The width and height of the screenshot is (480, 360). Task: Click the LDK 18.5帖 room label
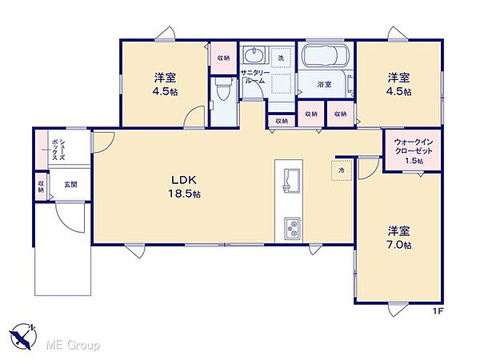click(184, 186)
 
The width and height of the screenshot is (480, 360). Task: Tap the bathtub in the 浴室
click(325, 56)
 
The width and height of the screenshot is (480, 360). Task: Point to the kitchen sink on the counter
click(289, 181)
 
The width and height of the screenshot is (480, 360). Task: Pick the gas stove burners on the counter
click(292, 229)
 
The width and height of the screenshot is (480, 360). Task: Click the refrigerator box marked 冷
click(342, 170)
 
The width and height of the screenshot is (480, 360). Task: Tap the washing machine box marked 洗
click(281, 58)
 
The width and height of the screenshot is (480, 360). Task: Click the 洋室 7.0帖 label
click(399, 238)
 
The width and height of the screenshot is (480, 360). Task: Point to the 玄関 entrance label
click(70, 185)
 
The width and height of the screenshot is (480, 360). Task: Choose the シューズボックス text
click(58, 150)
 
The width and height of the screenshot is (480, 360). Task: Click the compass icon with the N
click(23, 336)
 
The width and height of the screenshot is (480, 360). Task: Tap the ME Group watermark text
click(73, 346)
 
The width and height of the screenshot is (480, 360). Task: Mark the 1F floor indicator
click(438, 311)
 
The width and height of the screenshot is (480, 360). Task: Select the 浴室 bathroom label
click(324, 84)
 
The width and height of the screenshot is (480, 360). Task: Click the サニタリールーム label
click(254, 77)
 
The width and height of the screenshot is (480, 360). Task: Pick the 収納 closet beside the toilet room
click(223, 58)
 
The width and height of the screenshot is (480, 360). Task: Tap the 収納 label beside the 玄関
click(41, 186)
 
